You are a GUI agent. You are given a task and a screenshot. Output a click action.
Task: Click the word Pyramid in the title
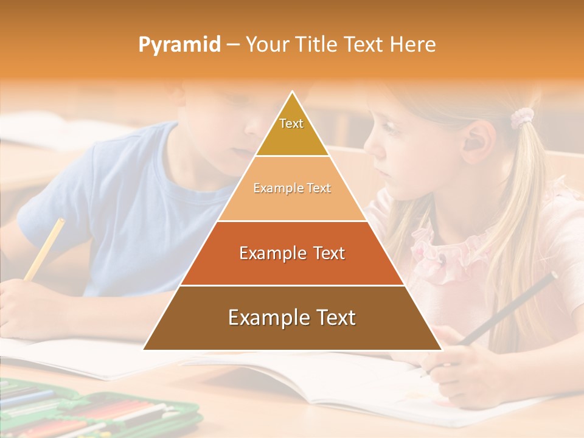tap(179, 45)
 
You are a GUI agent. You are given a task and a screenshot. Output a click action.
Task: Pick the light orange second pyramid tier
tap(292, 189)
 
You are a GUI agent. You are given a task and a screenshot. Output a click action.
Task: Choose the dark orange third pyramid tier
tap(292, 253)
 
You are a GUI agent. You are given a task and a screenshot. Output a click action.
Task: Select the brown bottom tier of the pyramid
tap(292, 318)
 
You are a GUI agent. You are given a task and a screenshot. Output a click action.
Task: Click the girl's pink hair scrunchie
tap(522, 117)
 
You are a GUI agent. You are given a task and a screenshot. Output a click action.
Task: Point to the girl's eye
tap(390, 131)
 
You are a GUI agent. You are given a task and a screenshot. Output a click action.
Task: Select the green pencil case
tap(91, 411)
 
